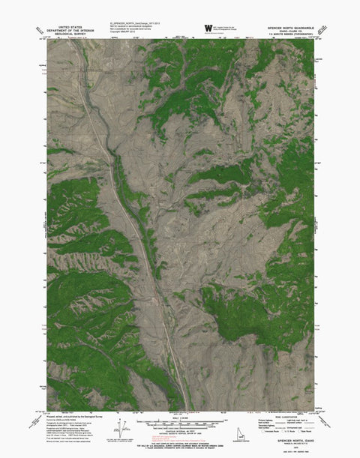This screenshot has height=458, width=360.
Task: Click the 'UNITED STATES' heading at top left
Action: [x=60, y=25]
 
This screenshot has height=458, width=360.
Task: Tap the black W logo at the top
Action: [x=208, y=29]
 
